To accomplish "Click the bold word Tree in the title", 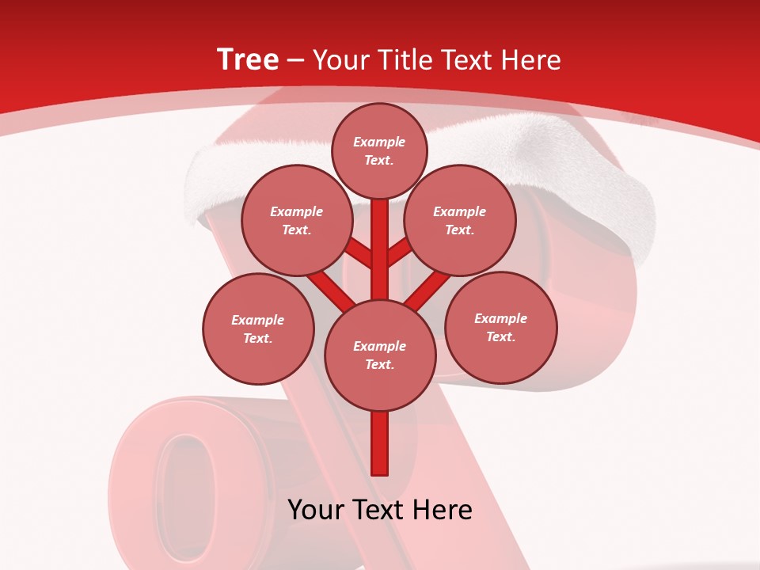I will click(x=248, y=60).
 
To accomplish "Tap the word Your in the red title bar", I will click(x=341, y=60).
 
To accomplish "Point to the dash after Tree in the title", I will click(x=296, y=61).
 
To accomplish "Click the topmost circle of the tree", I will click(x=379, y=150).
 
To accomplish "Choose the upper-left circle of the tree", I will click(x=297, y=220).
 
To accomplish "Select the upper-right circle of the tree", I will click(x=460, y=220).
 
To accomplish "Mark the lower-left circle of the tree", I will click(x=258, y=329).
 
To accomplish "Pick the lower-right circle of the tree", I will click(x=500, y=327).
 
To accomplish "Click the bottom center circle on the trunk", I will click(x=380, y=355).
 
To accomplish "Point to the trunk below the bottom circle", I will click(x=380, y=443).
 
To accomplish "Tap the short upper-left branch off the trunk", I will click(x=359, y=253).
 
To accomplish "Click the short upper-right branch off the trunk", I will click(x=400, y=251).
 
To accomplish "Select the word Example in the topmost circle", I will click(x=379, y=142).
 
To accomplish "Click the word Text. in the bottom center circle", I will click(x=379, y=364).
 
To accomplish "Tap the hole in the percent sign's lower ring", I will click(x=188, y=487).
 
